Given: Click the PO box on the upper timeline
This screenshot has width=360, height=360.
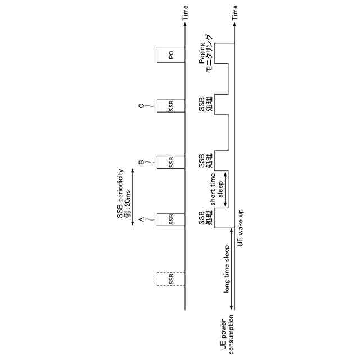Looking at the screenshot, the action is (170, 54).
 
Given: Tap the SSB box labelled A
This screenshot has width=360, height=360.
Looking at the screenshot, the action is (170, 219).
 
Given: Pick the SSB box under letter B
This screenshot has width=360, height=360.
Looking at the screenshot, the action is (170, 161).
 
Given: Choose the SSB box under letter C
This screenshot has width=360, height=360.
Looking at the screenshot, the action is (170, 105).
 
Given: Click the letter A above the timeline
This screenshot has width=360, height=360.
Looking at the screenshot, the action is (142, 219).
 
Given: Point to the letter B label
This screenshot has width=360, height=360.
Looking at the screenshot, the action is (142, 163).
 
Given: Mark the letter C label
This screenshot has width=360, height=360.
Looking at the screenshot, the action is (142, 105).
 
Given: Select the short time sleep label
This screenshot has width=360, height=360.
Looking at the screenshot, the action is (217, 191).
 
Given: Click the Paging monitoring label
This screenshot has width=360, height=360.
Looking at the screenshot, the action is (206, 53).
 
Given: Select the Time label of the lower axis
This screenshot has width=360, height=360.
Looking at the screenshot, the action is (235, 12).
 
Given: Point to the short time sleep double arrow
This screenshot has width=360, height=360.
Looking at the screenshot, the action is (225, 191).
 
